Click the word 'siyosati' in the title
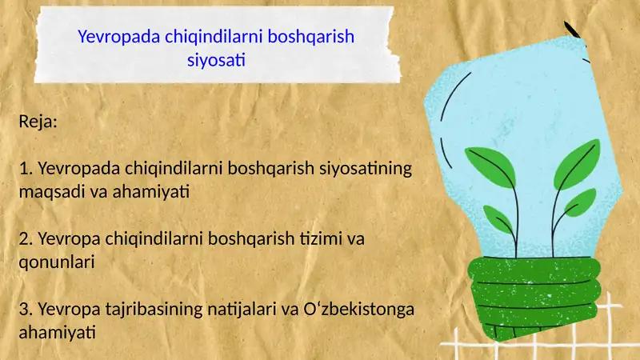[x=215, y=59]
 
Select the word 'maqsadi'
[x=46, y=192]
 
